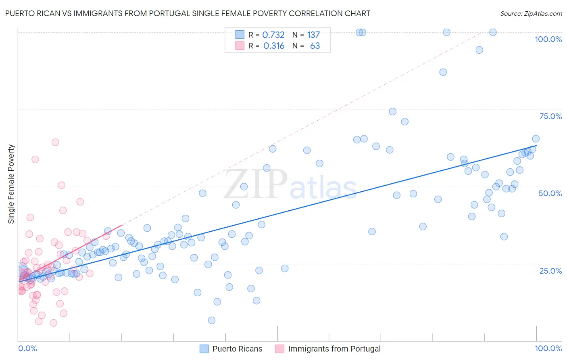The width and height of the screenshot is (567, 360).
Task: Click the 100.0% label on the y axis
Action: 548,39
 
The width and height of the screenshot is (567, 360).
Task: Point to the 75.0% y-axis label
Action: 550,116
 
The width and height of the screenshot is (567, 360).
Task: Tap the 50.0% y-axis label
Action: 550,193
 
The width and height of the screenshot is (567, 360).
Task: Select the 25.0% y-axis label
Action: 550,271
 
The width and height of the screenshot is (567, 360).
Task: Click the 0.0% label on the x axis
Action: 27,348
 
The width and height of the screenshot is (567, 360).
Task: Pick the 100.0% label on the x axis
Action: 548,348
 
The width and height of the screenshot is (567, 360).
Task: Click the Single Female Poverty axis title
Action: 11,184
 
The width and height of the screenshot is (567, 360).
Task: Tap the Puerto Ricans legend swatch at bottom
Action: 204,349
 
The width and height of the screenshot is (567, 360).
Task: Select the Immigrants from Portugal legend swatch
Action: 280,349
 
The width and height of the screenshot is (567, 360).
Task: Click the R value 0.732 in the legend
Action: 273,35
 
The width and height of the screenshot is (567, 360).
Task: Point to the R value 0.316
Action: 274,46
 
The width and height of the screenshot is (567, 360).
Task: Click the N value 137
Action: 313,35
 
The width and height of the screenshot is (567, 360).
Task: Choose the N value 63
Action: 315,46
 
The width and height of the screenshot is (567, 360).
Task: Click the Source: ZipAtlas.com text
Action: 531,14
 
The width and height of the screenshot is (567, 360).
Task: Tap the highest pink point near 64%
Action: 55,142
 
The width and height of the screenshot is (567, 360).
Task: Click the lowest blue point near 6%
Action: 212,320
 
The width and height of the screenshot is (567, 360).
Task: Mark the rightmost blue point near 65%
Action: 536,139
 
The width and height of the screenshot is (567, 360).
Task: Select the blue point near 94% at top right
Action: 479,50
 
